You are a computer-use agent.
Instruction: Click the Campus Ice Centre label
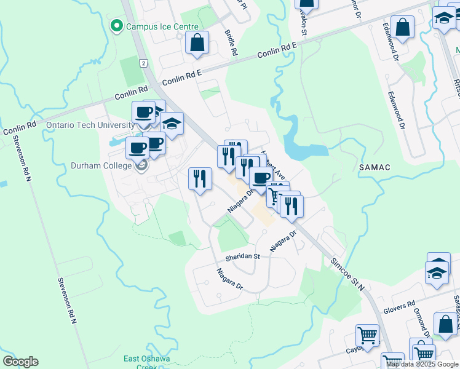click(162, 26)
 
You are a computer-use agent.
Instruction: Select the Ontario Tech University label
click(90, 125)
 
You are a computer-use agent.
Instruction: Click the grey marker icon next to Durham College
click(141, 165)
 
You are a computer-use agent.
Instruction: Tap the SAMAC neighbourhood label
click(374, 167)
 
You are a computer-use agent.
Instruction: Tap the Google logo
click(20, 362)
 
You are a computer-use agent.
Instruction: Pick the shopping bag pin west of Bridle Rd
click(196, 43)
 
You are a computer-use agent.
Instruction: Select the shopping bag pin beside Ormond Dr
click(445, 324)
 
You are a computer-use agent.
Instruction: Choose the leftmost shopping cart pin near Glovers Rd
click(368, 336)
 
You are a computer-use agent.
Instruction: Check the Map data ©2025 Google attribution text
click(422, 364)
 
